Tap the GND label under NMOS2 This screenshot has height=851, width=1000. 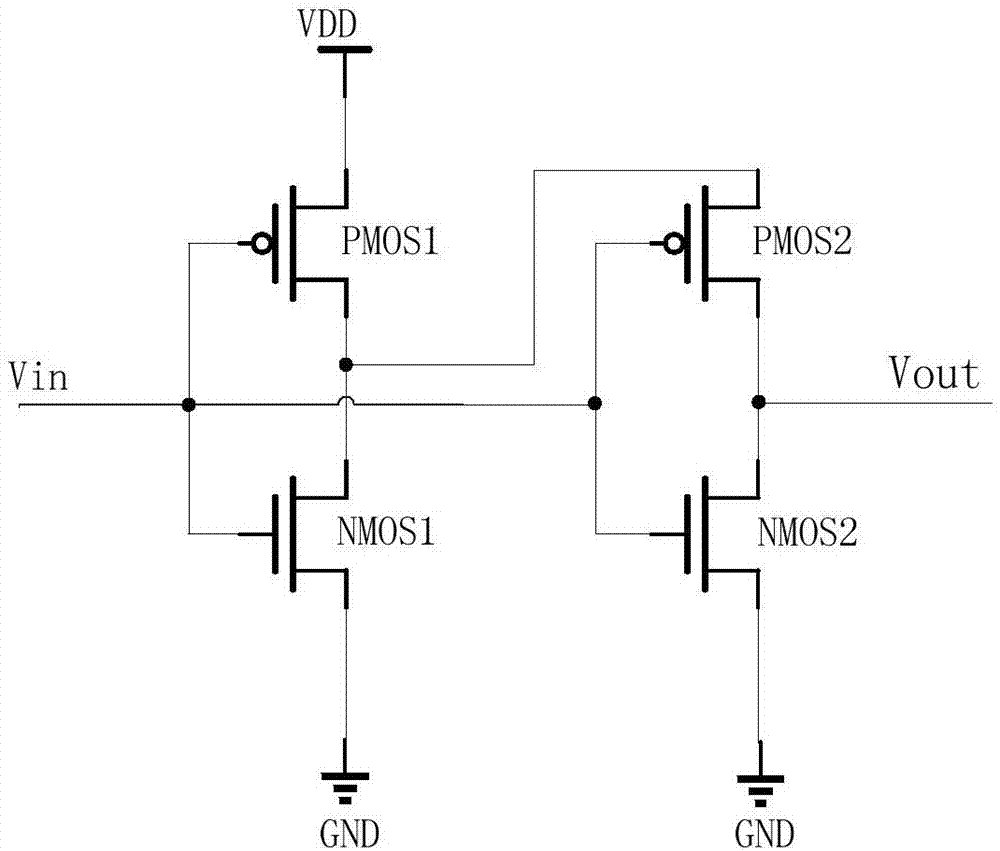(765, 833)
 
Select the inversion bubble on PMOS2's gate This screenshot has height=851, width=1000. (678, 243)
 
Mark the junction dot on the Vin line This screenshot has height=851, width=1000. (187, 404)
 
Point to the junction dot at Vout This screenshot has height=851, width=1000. (759, 402)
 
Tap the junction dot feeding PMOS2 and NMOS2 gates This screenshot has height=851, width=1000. (595, 404)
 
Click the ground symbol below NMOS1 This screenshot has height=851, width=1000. (346, 786)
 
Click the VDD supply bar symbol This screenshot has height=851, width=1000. (344, 47)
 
